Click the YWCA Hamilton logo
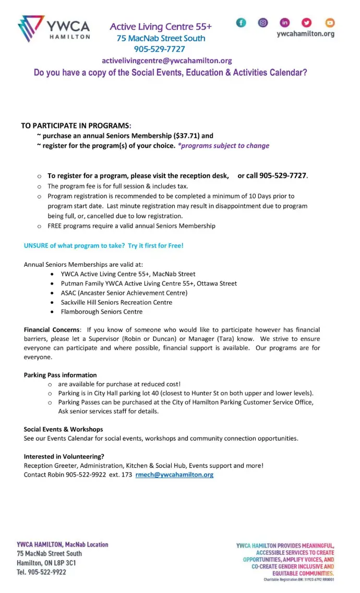(54, 29)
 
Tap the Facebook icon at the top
(241, 22)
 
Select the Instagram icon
(263, 22)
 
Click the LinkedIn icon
(285, 22)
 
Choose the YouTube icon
(330, 22)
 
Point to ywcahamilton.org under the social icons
(305, 34)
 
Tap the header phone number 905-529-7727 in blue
(160, 49)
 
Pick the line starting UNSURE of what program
(103, 245)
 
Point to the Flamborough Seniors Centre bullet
(101, 312)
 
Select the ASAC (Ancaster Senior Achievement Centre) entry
(124, 293)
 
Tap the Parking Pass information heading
(60, 375)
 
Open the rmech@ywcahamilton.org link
(174, 475)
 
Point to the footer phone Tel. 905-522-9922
(41, 572)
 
